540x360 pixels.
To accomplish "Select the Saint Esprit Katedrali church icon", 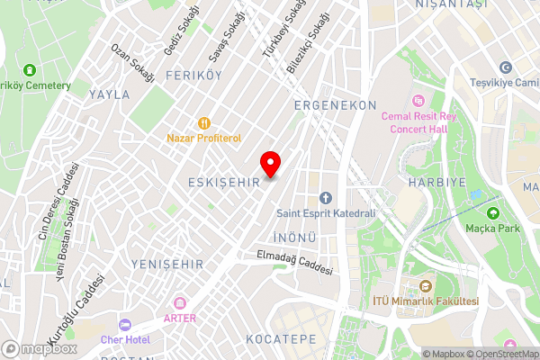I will pos(326,198).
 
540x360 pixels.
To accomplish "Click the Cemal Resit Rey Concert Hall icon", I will pos(417,100).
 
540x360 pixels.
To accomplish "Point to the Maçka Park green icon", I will pos(493,213).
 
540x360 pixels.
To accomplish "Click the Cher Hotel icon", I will pos(125,324).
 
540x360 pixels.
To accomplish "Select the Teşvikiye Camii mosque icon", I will pos(505,67).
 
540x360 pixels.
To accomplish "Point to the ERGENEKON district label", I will pos(335,105).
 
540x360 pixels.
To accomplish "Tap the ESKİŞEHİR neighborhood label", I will pos(224,182).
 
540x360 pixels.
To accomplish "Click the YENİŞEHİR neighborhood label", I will pos(166,264).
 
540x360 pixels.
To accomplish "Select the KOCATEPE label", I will pos(280,339).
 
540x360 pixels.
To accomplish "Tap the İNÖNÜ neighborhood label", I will pos(292,238).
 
